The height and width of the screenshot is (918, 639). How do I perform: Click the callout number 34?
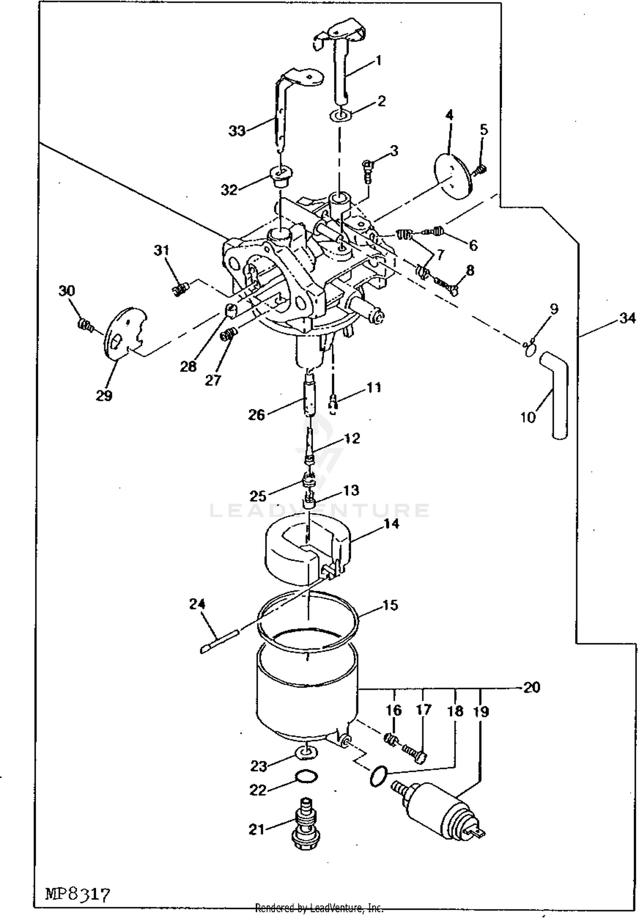(627, 318)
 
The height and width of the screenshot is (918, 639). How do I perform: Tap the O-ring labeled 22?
(306, 777)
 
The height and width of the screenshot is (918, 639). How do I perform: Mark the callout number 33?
(237, 131)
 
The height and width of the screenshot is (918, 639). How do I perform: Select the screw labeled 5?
(480, 170)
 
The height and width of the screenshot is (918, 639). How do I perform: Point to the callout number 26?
(256, 415)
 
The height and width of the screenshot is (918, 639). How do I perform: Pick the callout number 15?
(390, 605)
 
